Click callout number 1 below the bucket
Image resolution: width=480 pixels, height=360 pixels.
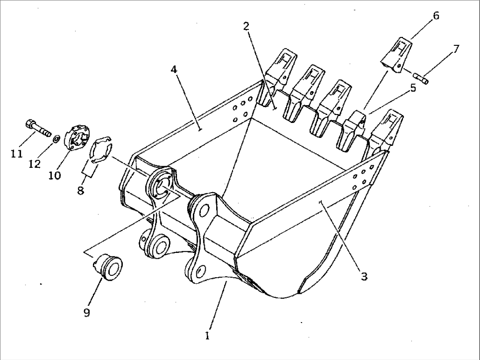click(207, 336)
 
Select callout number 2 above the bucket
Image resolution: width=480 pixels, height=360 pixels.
click(246, 26)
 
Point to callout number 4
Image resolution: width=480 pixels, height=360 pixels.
click(174, 69)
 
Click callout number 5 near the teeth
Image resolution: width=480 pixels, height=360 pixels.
click(413, 88)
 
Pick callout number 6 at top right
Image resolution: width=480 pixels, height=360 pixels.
click(436, 16)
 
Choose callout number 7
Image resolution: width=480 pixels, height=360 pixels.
click(456, 48)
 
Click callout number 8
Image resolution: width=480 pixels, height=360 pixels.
click(81, 191)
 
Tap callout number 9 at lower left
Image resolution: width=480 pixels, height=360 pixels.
click(86, 312)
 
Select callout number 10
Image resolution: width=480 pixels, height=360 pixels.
click(55, 175)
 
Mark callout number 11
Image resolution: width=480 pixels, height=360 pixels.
click(16, 154)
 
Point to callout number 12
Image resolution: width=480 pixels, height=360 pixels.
click(35, 164)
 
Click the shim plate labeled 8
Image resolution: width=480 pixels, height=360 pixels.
click(102, 148)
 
